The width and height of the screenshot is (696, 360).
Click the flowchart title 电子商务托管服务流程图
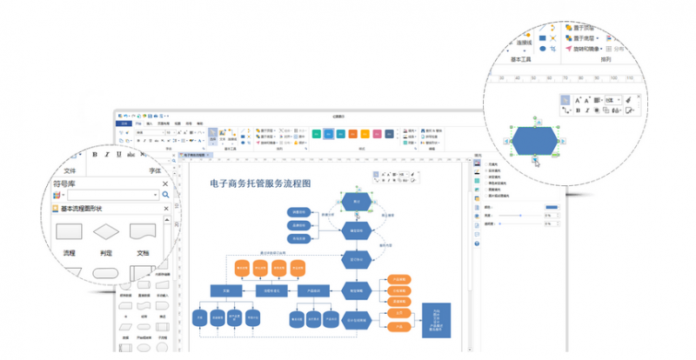tap(260, 183)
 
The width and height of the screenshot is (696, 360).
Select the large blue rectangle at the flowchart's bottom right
tap(435, 320)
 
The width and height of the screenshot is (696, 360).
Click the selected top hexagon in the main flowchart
tap(357, 201)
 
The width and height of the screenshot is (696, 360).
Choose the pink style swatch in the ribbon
tap(395, 134)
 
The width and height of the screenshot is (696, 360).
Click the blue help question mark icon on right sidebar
tap(477, 243)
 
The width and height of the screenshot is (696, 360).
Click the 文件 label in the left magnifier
tap(71, 171)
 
